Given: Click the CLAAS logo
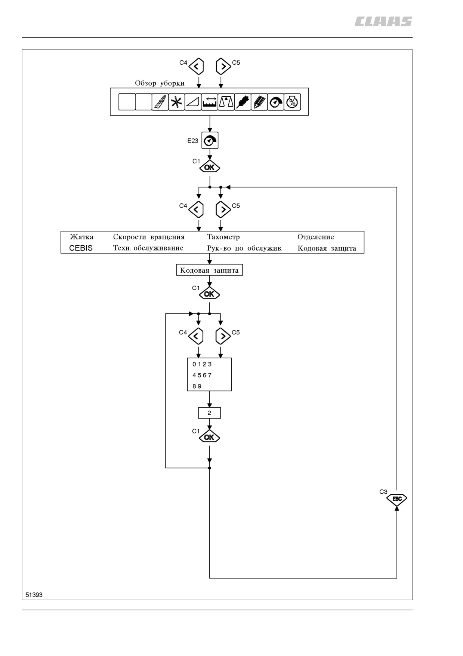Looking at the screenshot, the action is [x=383, y=22].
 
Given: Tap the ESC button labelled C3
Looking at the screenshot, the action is [x=396, y=499].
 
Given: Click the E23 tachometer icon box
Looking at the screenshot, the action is [x=210, y=140].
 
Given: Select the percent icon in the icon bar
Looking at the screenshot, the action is [x=292, y=102].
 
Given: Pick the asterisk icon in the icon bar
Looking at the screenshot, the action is [x=176, y=102].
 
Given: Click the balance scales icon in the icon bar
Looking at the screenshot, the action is [x=226, y=102].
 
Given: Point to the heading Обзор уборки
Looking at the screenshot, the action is [x=160, y=83].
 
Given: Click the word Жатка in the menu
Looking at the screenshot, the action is [x=81, y=237].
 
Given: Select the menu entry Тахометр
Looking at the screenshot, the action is [x=223, y=237].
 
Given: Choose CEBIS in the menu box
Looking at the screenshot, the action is [x=81, y=248].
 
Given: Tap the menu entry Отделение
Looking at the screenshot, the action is [x=316, y=237].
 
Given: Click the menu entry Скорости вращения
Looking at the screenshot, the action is [x=149, y=237].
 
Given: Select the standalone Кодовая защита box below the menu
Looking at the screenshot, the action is [x=209, y=270].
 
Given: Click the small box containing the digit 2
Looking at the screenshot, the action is [x=209, y=413].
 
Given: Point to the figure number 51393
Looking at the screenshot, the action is [x=34, y=595].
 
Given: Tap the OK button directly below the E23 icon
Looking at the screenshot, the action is [x=210, y=167].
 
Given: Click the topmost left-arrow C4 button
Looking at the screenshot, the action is [x=196, y=67].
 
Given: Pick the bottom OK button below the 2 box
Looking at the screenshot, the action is [x=209, y=437].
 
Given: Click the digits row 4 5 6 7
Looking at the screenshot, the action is [x=202, y=375].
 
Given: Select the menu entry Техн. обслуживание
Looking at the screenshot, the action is [x=148, y=248].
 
